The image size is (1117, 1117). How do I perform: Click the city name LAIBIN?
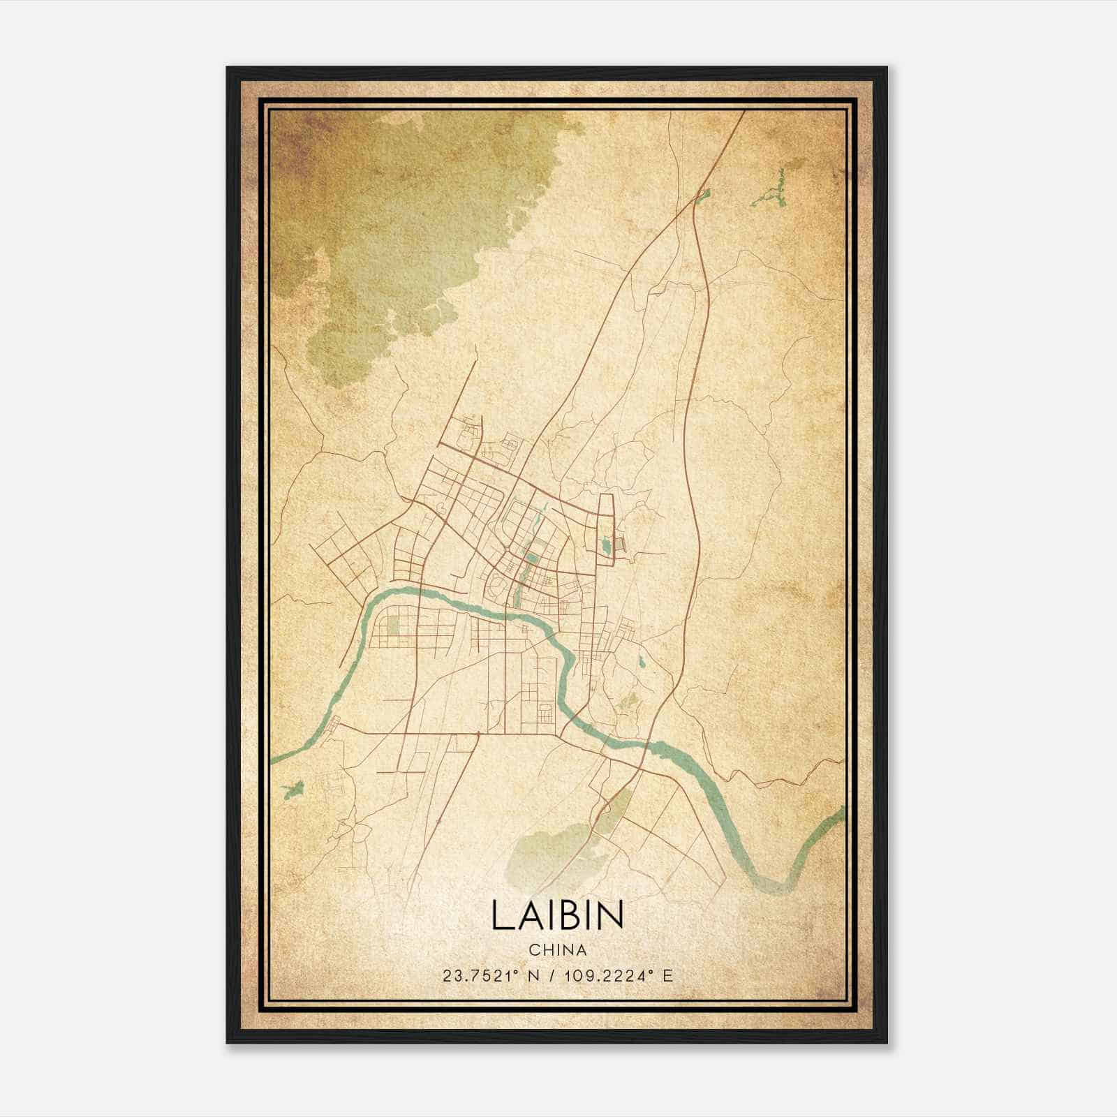(x=557, y=915)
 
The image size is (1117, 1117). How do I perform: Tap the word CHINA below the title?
(x=557, y=950)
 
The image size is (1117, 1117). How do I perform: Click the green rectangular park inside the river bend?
(x=393, y=621)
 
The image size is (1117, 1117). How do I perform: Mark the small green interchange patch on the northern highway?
(x=702, y=193)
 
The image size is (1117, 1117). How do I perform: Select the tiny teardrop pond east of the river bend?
(x=640, y=661)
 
